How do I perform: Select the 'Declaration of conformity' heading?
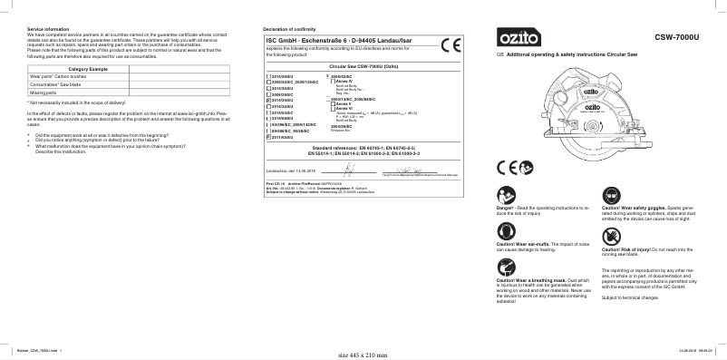tap(292, 31)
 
